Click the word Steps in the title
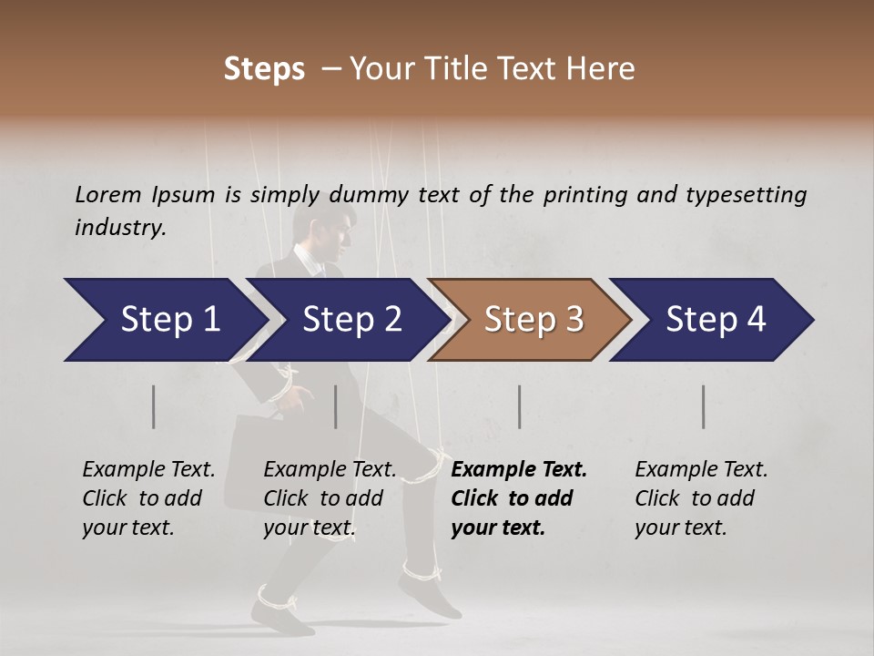pyautogui.click(x=264, y=68)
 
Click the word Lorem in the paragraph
pyautogui.click(x=107, y=194)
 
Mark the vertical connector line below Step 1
pyautogui.click(x=154, y=406)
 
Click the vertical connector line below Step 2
pyautogui.click(x=336, y=406)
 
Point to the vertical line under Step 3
pyautogui.click(x=520, y=406)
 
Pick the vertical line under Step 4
pyautogui.click(x=704, y=406)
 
